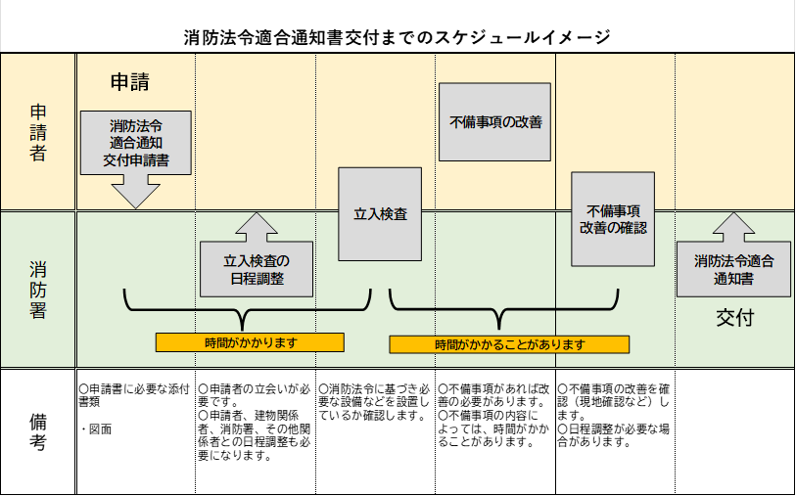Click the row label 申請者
(38, 131)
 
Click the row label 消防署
(38, 290)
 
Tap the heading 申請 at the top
(129, 82)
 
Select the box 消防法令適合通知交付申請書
(136, 143)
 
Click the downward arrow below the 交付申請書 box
(136, 192)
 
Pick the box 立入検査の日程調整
(257, 269)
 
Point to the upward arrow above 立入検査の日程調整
(257, 227)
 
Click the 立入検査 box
(380, 214)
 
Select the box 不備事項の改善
(495, 122)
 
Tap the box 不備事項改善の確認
(613, 219)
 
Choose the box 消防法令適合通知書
(733, 269)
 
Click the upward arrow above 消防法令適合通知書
(733, 227)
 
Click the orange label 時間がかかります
(250, 342)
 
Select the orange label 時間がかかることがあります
(509, 344)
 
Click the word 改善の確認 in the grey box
(613, 228)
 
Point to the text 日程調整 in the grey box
(257, 279)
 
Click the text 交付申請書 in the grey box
(136, 160)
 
